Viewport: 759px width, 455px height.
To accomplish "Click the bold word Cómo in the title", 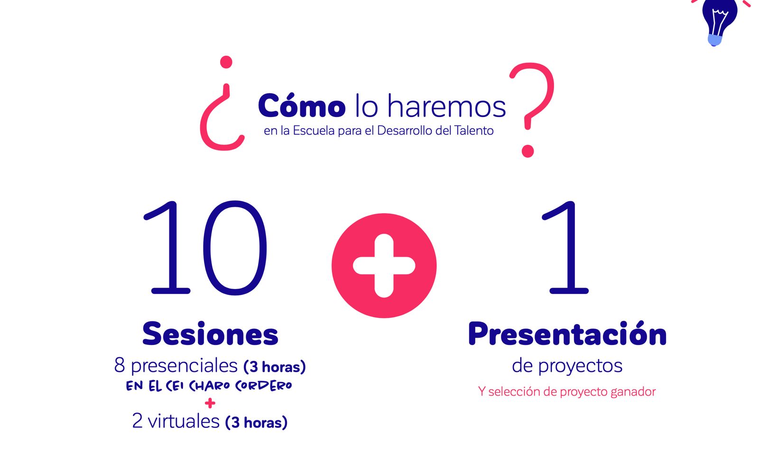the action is (302, 105).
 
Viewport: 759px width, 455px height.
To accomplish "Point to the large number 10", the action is (206, 248).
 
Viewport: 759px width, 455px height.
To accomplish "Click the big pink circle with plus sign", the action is (384, 266).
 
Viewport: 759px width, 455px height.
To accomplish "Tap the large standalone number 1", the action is (565, 248).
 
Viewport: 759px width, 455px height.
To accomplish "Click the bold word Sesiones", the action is (210, 334).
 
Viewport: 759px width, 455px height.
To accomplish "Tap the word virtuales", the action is (184, 421).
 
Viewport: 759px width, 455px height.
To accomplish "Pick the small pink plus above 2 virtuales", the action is (210, 403).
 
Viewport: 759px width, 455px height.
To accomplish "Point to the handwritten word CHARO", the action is (209, 386).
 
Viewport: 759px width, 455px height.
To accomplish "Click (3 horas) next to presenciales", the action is (275, 367).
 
